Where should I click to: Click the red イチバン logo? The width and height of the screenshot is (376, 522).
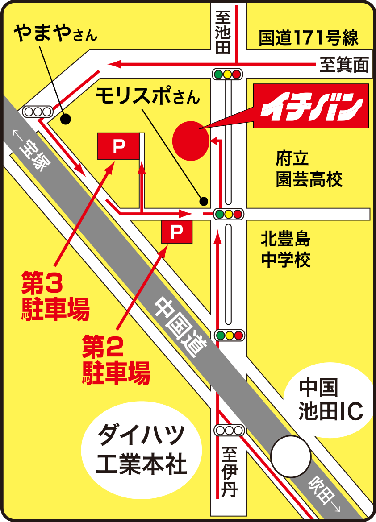pos(311,106)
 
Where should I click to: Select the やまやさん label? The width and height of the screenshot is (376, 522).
pos(55,34)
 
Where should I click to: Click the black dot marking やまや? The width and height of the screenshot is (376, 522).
pos(66,119)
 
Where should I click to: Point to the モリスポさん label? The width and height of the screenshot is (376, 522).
pos(148,95)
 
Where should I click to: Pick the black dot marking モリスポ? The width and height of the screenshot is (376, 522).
pos(204,201)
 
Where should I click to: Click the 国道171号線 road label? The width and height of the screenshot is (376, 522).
pos(309,38)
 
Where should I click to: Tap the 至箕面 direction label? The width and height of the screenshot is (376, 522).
pos(344,66)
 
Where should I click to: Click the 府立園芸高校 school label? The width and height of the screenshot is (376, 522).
pos(309,169)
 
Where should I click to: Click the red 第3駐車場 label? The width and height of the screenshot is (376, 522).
pos(55,296)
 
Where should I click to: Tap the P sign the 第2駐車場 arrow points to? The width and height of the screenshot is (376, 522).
pos(177,232)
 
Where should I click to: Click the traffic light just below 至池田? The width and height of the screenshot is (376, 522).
pos(228,74)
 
